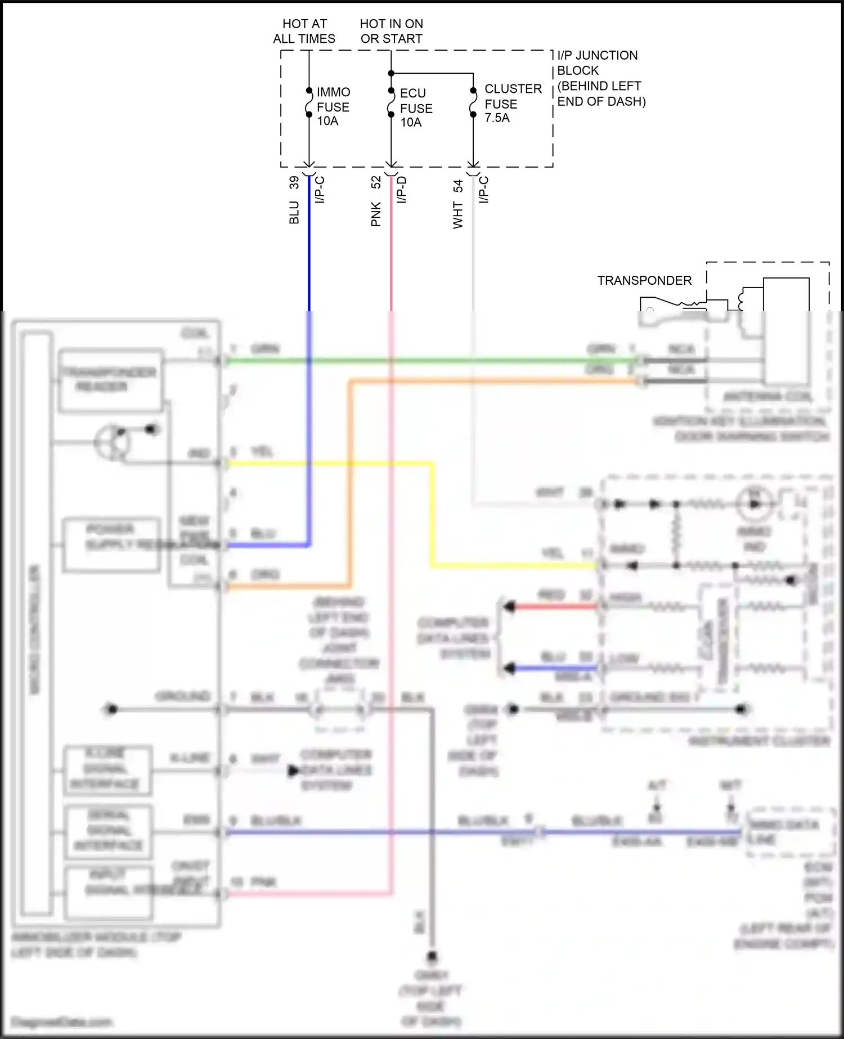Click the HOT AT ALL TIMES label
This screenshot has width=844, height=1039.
[x=304, y=32]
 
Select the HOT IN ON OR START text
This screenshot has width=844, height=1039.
[x=392, y=32]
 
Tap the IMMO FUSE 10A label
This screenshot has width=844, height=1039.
[x=333, y=106]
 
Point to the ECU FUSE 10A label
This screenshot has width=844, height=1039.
[x=416, y=108]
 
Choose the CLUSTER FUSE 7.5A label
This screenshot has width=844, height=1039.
[x=513, y=104]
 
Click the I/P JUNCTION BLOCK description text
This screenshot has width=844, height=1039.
[x=601, y=78]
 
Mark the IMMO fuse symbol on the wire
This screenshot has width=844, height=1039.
[x=309, y=102]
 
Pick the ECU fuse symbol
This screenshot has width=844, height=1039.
[x=391, y=103]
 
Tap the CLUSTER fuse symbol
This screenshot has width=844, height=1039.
[x=473, y=103]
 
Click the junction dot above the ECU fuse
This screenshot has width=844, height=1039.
[x=391, y=73]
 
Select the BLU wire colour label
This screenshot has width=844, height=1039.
[x=294, y=213]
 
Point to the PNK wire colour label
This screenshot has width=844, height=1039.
[x=376, y=214]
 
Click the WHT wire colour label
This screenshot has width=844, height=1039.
[x=458, y=216]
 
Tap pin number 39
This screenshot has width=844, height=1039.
[x=294, y=182]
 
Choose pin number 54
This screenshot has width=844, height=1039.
[x=458, y=186]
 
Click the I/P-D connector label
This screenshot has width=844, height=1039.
[x=402, y=190]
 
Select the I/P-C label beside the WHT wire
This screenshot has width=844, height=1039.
[x=484, y=190]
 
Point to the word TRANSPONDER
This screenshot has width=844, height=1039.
[x=644, y=280]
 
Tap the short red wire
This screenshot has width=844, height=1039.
[x=554, y=607]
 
